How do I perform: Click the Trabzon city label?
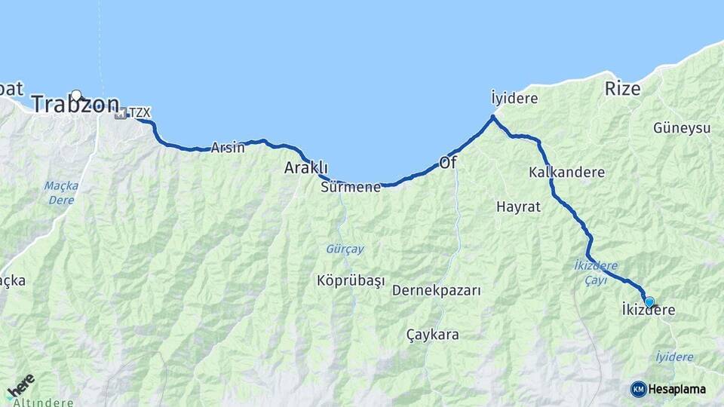click(x=75, y=106)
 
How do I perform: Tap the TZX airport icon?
click(x=120, y=114)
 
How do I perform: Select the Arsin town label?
click(x=228, y=148)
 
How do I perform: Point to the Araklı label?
click(x=305, y=167)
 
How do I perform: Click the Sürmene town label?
click(x=350, y=187)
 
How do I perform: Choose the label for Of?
click(x=448, y=162)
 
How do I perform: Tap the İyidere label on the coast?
click(x=514, y=99)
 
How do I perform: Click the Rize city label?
click(x=622, y=88)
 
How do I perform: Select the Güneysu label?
click(x=683, y=128)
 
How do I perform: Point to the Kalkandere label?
click(x=567, y=172)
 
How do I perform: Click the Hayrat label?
click(x=518, y=207)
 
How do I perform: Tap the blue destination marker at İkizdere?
click(x=649, y=301)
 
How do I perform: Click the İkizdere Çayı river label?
click(x=591, y=272)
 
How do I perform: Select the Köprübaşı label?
click(x=351, y=280)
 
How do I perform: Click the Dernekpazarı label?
click(x=436, y=290)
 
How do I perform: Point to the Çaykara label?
click(x=432, y=334)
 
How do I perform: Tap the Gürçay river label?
click(x=345, y=248)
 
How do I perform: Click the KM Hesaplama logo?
click(x=668, y=389)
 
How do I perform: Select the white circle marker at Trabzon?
click(x=76, y=95)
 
